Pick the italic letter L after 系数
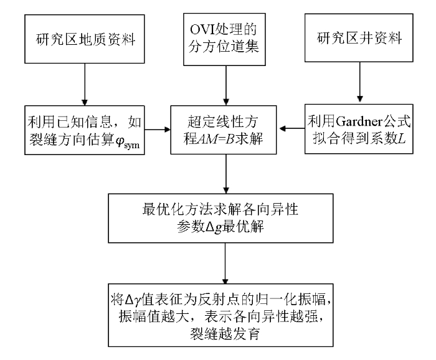[x=402, y=138]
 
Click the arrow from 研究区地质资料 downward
[x=85, y=85]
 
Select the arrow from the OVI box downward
[x=226, y=85]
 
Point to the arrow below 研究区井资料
[x=360, y=82]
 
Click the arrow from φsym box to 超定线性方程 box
[x=158, y=130]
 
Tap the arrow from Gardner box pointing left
[x=292, y=128]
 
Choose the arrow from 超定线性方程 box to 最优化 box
[x=226, y=174]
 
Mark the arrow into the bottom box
[x=225, y=263]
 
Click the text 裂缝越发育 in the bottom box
[x=224, y=334]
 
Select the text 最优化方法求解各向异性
[x=220, y=209]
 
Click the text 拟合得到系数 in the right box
[x=355, y=138]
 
